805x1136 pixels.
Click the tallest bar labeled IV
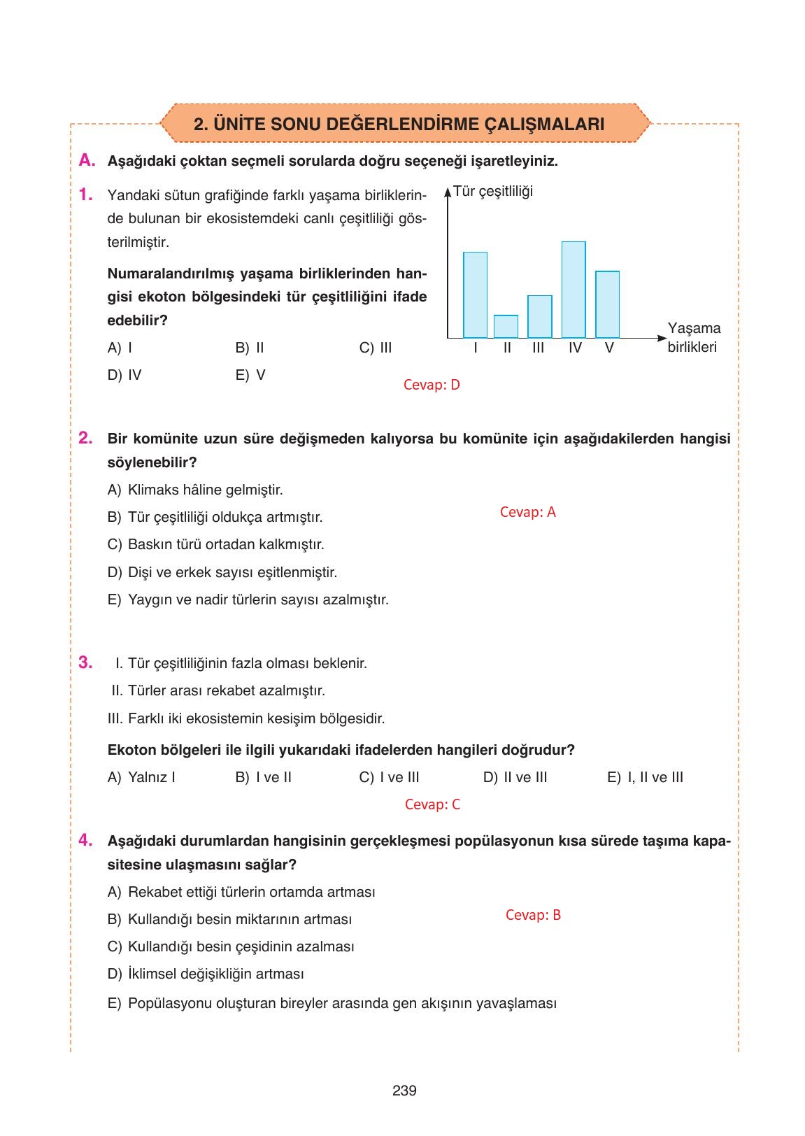click(574, 290)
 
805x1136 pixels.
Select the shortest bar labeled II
click(506, 327)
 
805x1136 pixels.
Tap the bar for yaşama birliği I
click(475, 294)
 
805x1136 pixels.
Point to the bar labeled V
click(607, 304)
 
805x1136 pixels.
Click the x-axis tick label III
click(538, 348)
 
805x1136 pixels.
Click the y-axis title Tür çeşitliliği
click(493, 191)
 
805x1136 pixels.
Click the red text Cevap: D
click(432, 385)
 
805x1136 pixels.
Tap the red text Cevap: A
click(527, 512)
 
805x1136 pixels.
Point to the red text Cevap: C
click(432, 804)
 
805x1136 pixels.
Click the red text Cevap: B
click(533, 915)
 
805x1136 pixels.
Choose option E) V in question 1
click(250, 375)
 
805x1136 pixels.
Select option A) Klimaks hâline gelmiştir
click(195, 490)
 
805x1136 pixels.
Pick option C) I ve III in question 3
click(389, 777)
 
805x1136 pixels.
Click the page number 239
click(404, 1091)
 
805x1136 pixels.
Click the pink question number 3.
click(85, 662)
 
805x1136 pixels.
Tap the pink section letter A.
click(87, 160)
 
